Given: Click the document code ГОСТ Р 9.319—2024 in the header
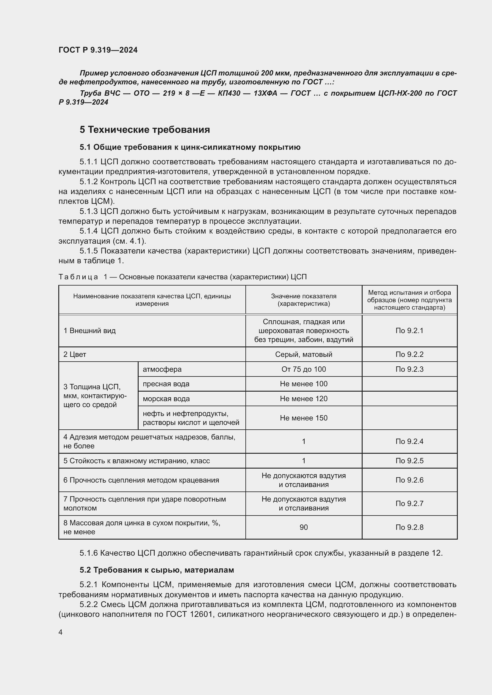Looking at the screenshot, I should [x=98, y=50].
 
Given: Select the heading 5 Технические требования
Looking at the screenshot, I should [x=145, y=130].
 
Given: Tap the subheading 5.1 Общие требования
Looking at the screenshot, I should [x=190, y=147].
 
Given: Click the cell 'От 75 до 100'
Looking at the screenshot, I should [x=304, y=369].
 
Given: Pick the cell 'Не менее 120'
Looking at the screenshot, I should [x=304, y=399].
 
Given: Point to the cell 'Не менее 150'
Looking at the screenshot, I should [x=304, y=418].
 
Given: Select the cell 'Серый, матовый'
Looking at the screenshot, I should [x=304, y=354].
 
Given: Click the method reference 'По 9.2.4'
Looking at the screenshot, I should [x=409, y=441].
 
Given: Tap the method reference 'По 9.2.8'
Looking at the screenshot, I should [x=409, y=527].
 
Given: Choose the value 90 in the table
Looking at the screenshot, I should [x=304, y=527].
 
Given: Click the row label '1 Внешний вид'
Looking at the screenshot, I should [x=90, y=330].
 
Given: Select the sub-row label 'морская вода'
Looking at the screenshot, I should [x=166, y=399].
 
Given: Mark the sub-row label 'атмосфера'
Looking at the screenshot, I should [x=162, y=369].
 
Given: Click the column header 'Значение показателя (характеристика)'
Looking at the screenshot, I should [x=304, y=300].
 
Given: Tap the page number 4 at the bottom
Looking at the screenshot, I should [x=60, y=632].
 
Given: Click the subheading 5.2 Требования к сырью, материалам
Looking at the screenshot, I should [x=157, y=570].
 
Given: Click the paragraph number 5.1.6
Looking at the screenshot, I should [x=88, y=553].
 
